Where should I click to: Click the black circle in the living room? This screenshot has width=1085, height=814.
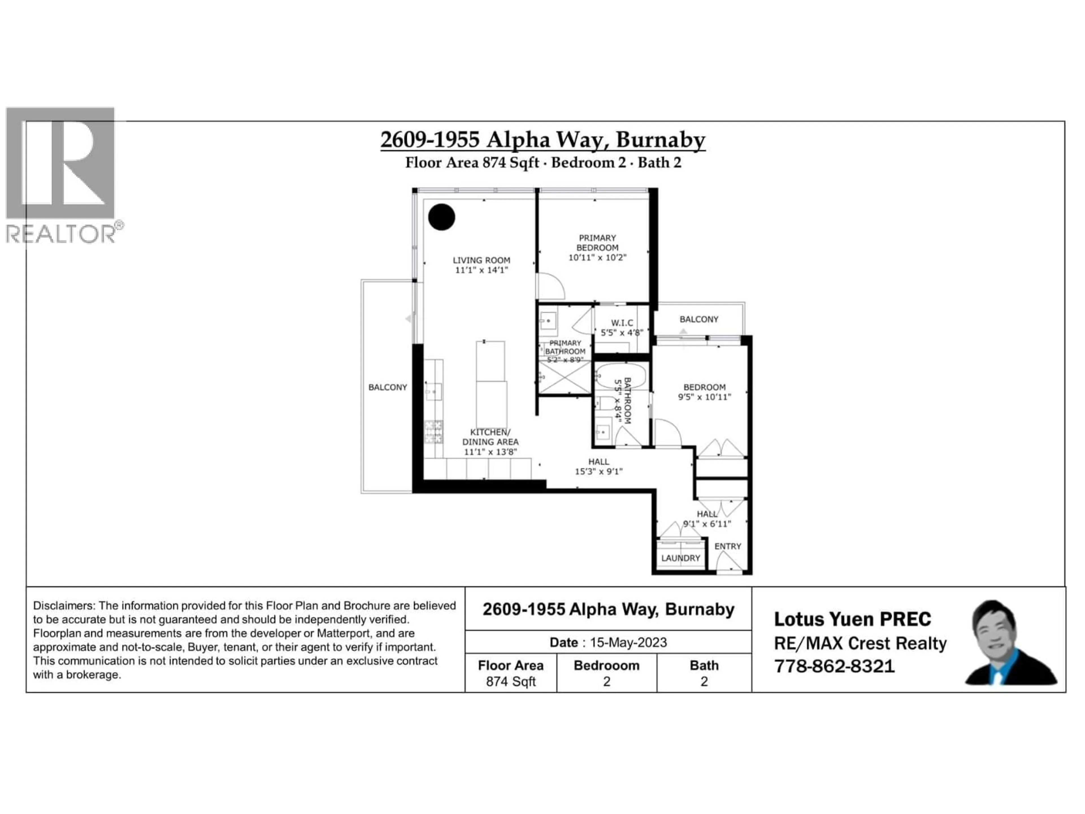point(441,217)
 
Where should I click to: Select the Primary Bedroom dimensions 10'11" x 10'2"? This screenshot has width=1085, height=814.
point(597,257)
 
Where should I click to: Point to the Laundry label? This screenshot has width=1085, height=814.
point(680,558)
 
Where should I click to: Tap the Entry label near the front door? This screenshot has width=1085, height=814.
point(727,546)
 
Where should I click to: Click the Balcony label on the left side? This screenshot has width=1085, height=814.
point(387,387)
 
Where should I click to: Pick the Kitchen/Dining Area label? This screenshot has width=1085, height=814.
point(490,437)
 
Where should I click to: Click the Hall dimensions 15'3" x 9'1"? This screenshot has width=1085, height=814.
point(598,471)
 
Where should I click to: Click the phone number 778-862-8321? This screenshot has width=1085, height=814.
point(834,666)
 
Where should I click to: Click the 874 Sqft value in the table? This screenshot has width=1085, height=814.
point(511,681)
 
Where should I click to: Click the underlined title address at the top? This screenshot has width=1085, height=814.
point(542,140)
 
